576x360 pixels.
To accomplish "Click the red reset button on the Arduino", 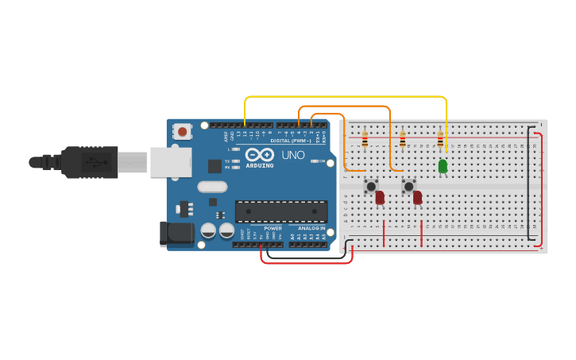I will [183, 131].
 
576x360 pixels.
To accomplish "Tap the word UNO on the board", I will [293, 155].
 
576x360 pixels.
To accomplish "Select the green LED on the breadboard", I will [443, 166].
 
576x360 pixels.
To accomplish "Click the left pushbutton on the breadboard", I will [371, 186].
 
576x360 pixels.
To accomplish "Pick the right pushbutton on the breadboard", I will [408, 186].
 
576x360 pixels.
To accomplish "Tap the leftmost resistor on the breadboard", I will [365, 141].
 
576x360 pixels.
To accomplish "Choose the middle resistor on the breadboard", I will [402, 141].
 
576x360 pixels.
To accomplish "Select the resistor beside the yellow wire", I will [439, 141].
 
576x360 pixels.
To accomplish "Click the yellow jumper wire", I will [346, 97].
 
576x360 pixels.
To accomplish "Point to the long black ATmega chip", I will [281, 211].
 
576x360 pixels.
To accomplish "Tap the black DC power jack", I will [176, 234].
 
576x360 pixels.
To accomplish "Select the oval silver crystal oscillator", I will [212, 187].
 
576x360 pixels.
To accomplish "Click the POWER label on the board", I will [273, 228].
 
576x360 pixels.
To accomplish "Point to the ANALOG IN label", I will [311, 228].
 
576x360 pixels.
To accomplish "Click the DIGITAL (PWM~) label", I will [291, 141].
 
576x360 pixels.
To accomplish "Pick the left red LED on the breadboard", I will [380, 197].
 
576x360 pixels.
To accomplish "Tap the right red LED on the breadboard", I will [417, 197].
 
